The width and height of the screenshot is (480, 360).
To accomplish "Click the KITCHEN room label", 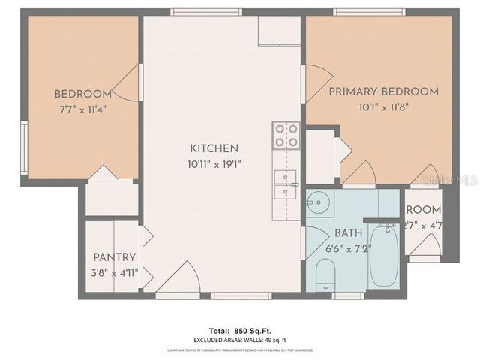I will [x=214, y=148].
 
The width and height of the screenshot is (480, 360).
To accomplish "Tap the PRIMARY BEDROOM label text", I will [x=383, y=91].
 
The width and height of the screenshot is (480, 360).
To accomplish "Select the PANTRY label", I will [x=114, y=257].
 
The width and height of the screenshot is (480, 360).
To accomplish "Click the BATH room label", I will [x=348, y=233].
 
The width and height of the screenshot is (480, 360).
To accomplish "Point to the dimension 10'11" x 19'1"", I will [x=214, y=163].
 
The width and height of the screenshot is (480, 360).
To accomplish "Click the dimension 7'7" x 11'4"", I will [x=82, y=108].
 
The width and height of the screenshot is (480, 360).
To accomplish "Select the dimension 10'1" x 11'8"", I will [x=383, y=106].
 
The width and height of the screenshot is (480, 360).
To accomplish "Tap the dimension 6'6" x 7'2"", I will [x=348, y=248].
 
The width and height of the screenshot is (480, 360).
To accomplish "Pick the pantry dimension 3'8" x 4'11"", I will [x=114, y=271].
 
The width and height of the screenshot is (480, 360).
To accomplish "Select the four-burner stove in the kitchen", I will [x=286, y=135].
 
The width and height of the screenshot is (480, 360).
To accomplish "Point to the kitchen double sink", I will [x=285, y=184].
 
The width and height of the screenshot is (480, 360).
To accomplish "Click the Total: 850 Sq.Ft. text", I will [x=239, y=330].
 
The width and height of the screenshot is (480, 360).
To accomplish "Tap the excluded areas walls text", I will [x=239, y=340].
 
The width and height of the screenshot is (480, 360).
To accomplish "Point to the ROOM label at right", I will [x=424, y=209].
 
